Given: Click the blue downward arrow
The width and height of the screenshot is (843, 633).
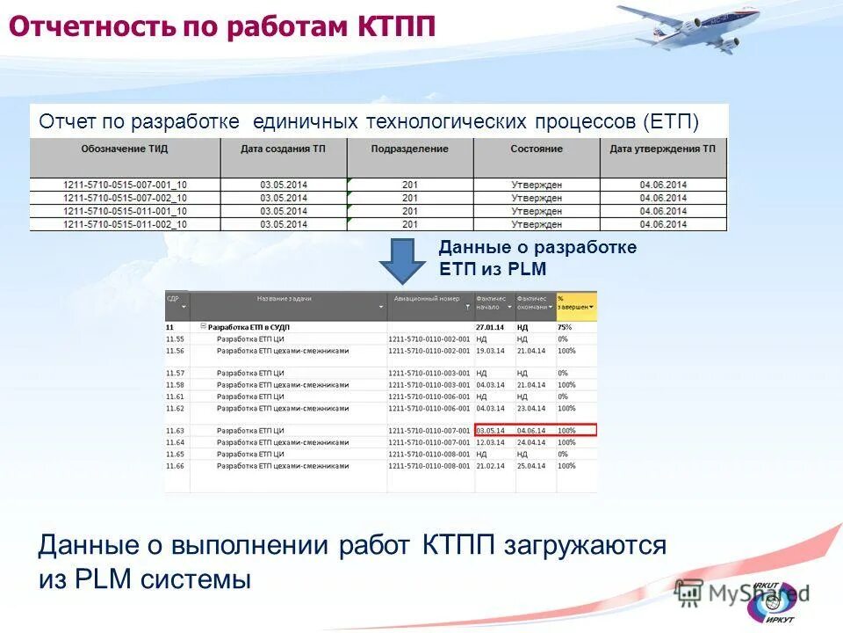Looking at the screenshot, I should [x=403, y=261].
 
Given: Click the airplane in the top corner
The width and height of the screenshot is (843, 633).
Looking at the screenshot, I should [x=689, y=27].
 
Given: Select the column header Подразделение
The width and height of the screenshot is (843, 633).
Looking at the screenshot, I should [x=409, y=149].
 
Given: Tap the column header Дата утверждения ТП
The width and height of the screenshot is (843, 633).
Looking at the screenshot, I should [x=663, y=149].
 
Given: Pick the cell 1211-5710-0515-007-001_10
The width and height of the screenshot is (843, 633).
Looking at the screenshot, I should [x=125, y=186].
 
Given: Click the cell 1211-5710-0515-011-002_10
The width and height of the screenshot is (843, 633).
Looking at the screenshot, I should [x=125, y=224].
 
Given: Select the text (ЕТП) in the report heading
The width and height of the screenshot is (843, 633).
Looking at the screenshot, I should [x=671, y=121].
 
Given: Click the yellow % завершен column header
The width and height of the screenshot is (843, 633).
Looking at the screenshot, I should [x=576, y=303].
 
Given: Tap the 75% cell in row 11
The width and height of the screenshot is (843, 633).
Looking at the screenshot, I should [x=564, y=327].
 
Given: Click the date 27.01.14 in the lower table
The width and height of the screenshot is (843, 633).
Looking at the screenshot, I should [x=488, y=327].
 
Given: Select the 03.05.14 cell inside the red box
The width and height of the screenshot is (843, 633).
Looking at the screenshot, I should [x=490, y=431].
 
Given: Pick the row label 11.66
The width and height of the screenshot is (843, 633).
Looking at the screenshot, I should [x=175, y=466].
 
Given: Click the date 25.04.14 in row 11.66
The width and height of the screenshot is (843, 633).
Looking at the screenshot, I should [x=531, y=466].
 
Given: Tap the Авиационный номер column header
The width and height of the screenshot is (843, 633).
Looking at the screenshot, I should [x=426, y=299].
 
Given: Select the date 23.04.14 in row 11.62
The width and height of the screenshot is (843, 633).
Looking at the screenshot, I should [x=531, y=408].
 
